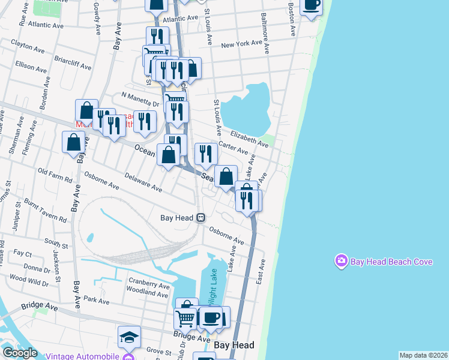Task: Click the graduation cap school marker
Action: [x=129, y=338]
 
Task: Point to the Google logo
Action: [x=19, y=353]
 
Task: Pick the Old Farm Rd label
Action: [x=55, y=175]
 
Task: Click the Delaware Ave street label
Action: [x=143, y=182]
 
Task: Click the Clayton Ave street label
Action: [x=29, y=45]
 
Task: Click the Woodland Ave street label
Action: [x=147, y=294]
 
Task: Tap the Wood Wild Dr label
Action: [x=29, y=280]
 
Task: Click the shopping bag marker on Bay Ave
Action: [x=73, y=143]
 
